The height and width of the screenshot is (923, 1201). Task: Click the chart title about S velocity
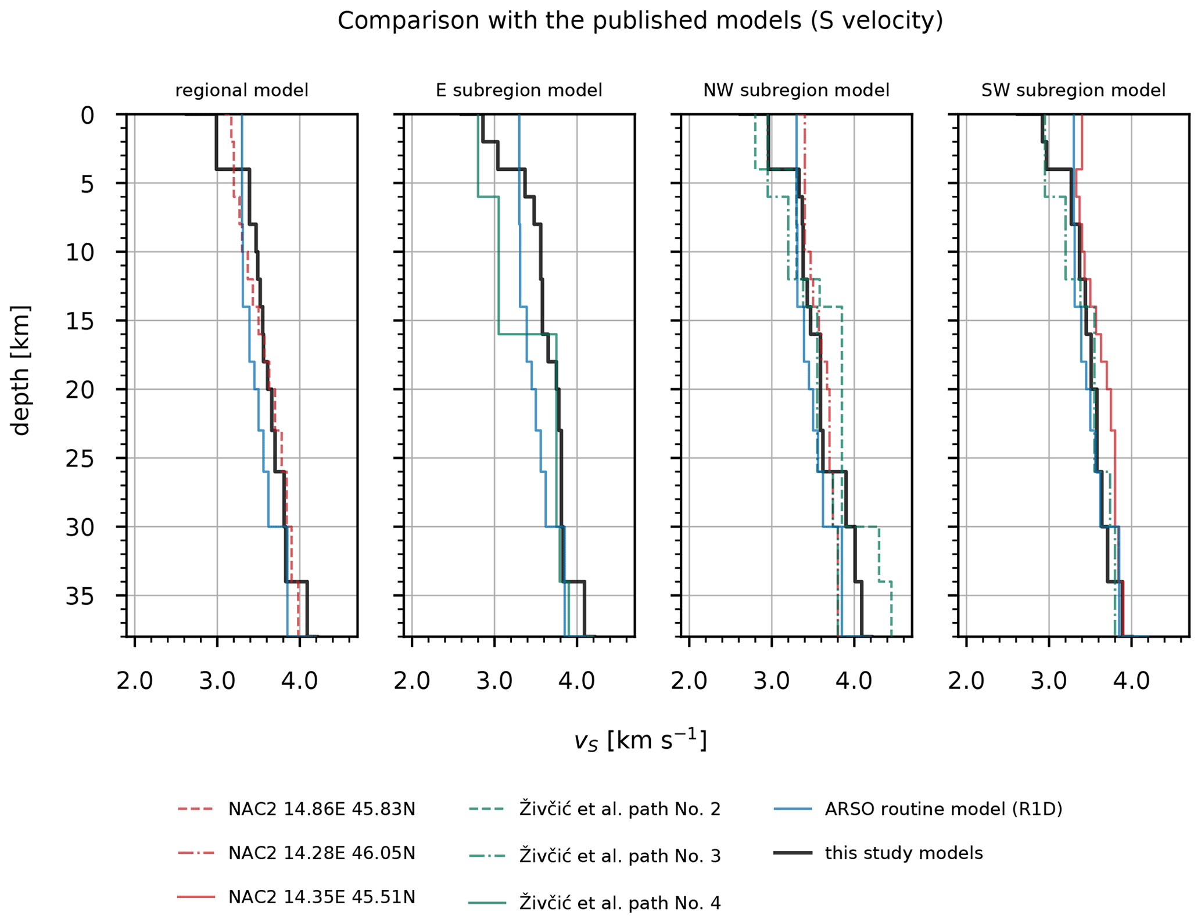click(x=640, y=21)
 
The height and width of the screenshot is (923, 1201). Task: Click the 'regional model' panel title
click(x=242, y=91)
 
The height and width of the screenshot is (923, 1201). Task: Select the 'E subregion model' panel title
click(x=519, y=91)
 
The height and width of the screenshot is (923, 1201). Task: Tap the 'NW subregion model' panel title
click(x=796, y=91)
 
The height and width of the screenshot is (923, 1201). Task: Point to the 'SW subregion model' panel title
click(x=1073, y=91)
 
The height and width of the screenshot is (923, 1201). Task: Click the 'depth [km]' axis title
click(x=21, y=370)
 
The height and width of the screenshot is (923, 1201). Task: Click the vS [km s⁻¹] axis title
click(x=640, y=741)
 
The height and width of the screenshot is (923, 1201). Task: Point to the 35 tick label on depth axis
click(x=80, y=597)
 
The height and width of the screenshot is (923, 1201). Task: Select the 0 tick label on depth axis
click(x=87, y=116)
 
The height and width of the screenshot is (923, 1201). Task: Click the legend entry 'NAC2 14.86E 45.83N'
click(x=321, y=810)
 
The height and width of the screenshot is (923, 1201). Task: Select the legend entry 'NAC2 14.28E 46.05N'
click(x=321, y=853)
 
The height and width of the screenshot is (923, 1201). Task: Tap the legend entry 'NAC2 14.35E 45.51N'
click(x=321, y=897)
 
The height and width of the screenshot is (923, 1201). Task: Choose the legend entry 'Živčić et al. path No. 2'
click(x=619, y=810)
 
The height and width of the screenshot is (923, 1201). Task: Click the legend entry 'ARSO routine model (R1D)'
click(x=943, y=810)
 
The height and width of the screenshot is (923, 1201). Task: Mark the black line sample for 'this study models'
click(x=793, y=853)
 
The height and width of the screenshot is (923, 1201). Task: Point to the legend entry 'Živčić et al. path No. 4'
click(x=619, y=903)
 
